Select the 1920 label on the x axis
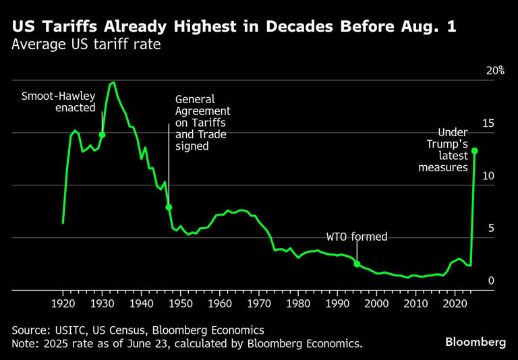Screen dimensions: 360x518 tap(63, 303)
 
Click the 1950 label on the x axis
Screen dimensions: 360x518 tap(180, 303)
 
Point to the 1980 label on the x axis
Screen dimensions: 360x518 tap(298, 303)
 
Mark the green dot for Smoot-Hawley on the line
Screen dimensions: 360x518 tap(102, 135)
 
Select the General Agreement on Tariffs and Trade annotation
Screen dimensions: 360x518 tap(203, 122)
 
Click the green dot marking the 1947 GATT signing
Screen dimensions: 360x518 tap(169, 207)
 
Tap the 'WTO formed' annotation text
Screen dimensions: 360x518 tap(357, 237)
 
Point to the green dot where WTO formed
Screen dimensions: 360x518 tap(357, 264)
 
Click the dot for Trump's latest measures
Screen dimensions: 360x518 tap(475, 150)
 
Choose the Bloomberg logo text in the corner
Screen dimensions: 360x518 tap(476, 342)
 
